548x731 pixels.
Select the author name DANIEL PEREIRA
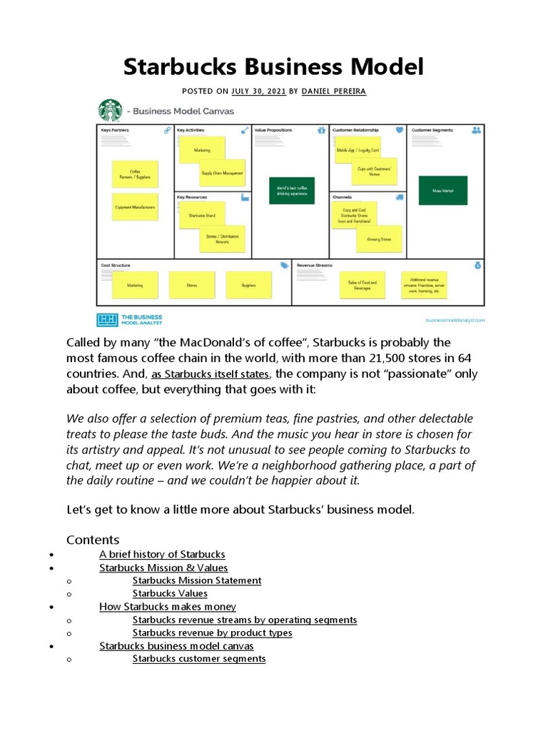334,92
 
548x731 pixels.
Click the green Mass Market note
443,191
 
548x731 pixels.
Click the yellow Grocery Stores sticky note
378,239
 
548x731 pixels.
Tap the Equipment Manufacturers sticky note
135,208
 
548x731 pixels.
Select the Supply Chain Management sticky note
222,173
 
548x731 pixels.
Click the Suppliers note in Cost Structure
248,286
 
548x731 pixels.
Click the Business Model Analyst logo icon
106,319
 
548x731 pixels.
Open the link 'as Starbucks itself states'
210,375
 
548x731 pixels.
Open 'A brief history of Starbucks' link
162,554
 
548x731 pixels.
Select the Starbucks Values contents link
170,593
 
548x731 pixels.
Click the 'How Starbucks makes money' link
168,607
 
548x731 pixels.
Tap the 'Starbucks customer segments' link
199,659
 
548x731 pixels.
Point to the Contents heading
93,540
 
